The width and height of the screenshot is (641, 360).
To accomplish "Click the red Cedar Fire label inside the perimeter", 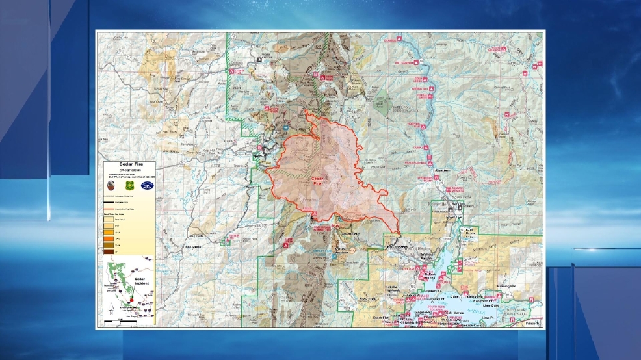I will [x=317, y=181].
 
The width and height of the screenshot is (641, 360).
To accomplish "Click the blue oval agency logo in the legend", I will [x=148, y=186].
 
